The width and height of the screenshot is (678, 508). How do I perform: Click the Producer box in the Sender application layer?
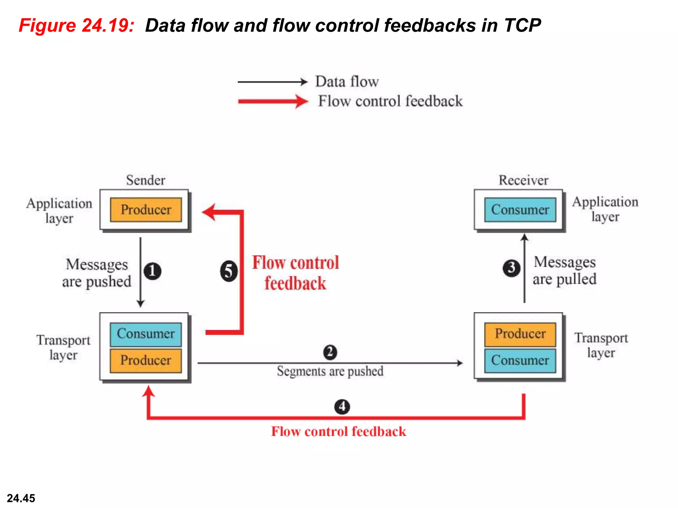click(x=146, y=210)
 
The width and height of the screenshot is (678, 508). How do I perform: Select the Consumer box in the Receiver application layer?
click(x=520, y=210)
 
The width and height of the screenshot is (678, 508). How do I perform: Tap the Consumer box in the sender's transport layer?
click(x=146, y=334)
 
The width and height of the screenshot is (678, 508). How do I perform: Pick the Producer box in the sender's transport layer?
click(x=146, y=360)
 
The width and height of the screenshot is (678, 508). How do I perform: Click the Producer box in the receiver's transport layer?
click(x=520, y=334)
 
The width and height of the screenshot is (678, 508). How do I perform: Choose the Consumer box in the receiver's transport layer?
click(x=520, y=360)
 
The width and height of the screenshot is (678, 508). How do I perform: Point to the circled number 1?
click(x=152, y=271)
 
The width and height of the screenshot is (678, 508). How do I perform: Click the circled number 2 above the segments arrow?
click(x=330, y=352)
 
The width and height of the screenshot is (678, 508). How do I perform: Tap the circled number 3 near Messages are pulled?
click(x=511, y=268)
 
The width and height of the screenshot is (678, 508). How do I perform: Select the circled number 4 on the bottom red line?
click(x=342, y=406)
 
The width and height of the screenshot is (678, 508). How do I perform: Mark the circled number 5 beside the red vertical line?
click(x=229, y=271)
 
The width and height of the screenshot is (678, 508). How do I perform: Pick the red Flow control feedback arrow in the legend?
click(x=273, y=102)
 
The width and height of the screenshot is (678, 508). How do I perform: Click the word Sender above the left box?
click(x=146, y=180)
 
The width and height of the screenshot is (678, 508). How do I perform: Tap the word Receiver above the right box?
click(x=523, y=180)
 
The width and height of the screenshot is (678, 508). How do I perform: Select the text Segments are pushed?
click(x=330, y=371)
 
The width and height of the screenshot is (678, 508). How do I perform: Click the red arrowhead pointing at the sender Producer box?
click(x=209, y=212)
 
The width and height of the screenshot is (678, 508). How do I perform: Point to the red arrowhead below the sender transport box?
click(x=149, y=392)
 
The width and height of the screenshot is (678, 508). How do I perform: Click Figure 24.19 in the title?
click(x=76, y=25)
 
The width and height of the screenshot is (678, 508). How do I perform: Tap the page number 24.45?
click(x=21, y=498)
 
